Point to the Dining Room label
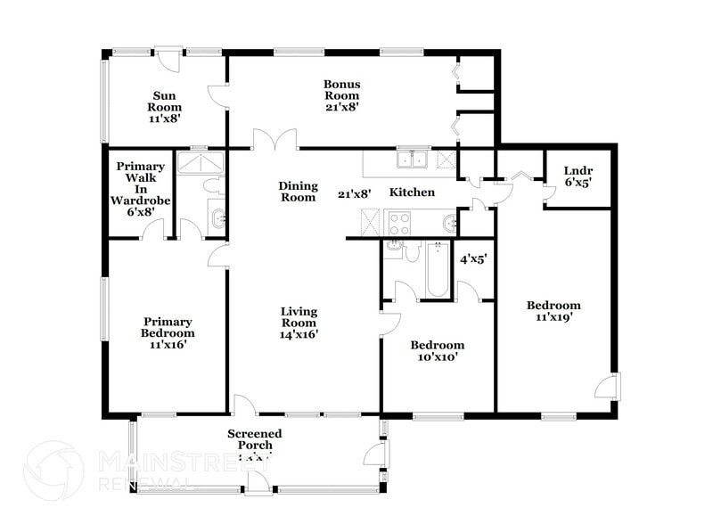[298, 192]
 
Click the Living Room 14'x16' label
[299, 323]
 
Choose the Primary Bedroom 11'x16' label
[168, 327]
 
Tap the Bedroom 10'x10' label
[437, 351]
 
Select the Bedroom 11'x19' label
[553, 310]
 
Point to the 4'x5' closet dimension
[473, 259]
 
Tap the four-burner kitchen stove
[397, 222]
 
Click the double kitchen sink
[413, 160]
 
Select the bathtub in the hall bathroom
[437, 269]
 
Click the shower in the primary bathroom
[200, 162]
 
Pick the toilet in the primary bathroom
[213, 186]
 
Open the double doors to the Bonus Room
[274, 141]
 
